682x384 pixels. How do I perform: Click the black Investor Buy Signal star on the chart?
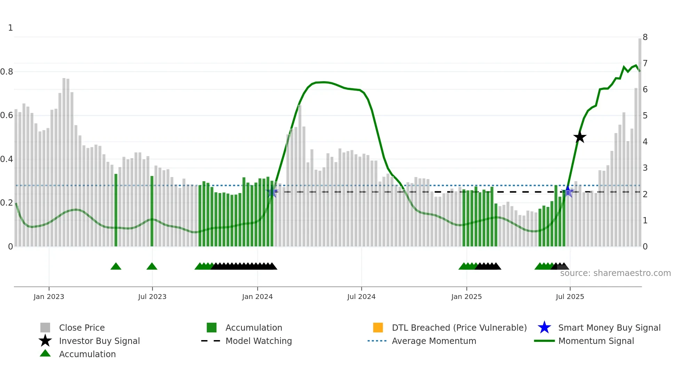point(580,137)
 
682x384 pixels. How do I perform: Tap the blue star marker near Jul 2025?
point(568,192)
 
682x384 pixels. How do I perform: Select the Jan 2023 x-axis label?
point(49,297)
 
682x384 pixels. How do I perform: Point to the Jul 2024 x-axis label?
point(361,297)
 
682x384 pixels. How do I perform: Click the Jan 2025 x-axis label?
point(466,297)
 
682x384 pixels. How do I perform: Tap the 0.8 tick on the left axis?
point(7,72)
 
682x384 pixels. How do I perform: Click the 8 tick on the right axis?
point(645,37)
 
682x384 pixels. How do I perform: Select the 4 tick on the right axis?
point(645,142)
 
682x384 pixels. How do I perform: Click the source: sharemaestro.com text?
point(615,273)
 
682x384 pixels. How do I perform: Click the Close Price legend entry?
point(82,328)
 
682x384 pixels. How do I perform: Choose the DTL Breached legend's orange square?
point(378,328)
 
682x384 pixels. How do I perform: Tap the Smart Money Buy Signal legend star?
point(544,328)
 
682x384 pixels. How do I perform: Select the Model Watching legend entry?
point(259,341)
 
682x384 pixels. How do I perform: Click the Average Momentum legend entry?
point(434,341)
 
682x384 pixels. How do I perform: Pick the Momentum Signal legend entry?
point(596,341)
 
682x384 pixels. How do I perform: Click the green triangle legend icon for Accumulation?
point(45,354)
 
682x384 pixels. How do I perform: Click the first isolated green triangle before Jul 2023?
point(116,267)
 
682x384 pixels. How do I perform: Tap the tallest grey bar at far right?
point(640,139)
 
